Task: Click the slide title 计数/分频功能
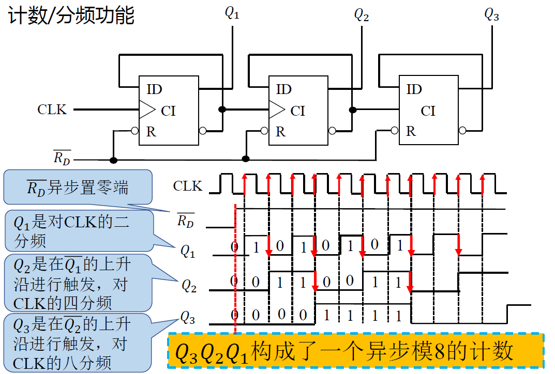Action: click(x=71, y=15)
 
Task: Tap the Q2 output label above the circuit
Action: click(x=362, y=14)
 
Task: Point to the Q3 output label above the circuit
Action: click(x=491, y=14)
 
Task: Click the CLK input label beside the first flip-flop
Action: click(x=52, y=110)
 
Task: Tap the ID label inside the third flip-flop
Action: click(x=414, y=89)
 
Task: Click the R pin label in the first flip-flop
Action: click(x=151, y=131)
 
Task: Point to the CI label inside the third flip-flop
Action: click(x=428, y=111)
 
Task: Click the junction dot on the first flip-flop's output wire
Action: click(x=222, y=110)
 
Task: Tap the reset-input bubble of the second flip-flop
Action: click(x=264, y=131)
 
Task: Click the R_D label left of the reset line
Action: click(x=62, y=157)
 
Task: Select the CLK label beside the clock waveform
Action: click(x=188, y=186)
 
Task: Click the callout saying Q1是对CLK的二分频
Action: click(x=78, y=231)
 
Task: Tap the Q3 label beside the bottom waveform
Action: click(x=187, y=316)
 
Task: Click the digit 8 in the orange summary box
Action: click(x=440, y=352)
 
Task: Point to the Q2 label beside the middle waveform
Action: click(x=188, y=285)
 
